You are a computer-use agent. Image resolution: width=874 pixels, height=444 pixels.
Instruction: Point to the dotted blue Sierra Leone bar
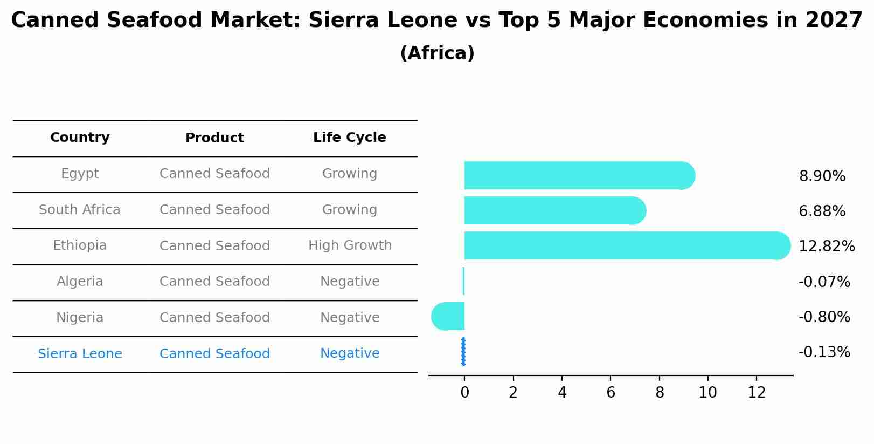coord(463,352)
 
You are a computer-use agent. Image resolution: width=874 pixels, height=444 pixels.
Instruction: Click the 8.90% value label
coord(822,176)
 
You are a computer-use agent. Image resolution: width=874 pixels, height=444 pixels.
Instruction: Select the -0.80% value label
coord(824,317)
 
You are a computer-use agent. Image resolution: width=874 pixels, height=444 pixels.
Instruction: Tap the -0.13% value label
coord(824,352)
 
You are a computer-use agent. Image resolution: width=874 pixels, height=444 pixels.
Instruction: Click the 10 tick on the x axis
coord(707,393)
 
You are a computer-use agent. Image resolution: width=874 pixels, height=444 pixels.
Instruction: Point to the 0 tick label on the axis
coord(464,393)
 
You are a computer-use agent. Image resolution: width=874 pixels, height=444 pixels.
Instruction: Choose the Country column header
coord(80,138)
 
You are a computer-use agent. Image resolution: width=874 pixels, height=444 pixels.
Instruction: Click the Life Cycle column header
coord(349,138)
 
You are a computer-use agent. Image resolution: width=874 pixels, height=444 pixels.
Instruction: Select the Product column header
coord(214,138)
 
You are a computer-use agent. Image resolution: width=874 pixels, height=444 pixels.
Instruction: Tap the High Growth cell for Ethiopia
coord(350,245)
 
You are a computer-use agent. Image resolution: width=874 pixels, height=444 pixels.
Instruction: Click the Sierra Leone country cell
coord(80,354)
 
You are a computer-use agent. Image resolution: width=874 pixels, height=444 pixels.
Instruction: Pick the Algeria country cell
coord(80,282)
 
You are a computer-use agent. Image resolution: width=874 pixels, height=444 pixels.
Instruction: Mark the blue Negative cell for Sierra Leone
coord(350,353)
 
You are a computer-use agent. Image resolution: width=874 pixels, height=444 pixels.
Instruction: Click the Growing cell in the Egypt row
coord(350,174)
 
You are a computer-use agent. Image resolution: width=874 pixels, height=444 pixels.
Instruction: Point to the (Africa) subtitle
coord(437,53)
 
